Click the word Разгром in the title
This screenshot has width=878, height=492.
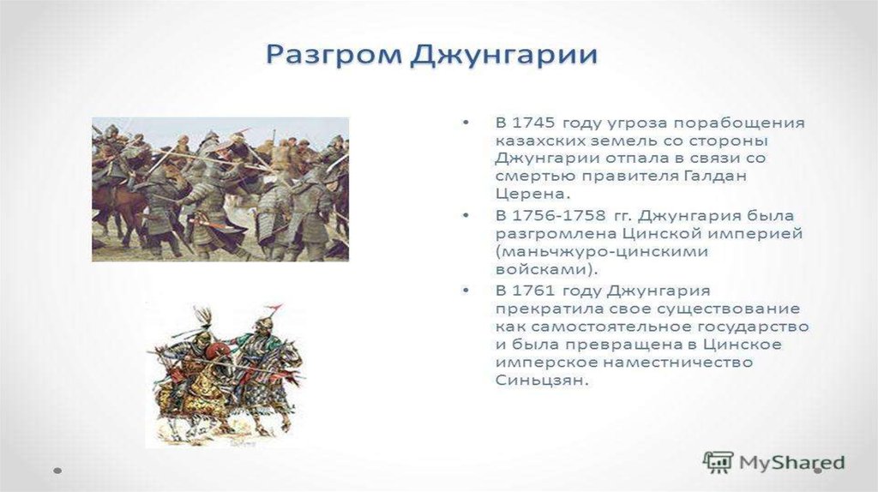(x=334, y=56)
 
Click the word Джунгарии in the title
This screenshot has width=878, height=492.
(x=504, y=56)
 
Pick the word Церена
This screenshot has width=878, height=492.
(x=532, y=195)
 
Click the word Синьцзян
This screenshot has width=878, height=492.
(x=542, y=381)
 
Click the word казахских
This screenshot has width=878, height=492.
(x=538, y=141)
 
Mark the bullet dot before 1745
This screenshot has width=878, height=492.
(x=466, y=122)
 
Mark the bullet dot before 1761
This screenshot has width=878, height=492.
(x=466, y=291)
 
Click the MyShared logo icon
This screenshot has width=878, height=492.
(x=718, y=462)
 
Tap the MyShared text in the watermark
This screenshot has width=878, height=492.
(x=791, y=463)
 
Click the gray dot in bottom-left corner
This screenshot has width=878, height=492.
(x=57, y=471)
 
